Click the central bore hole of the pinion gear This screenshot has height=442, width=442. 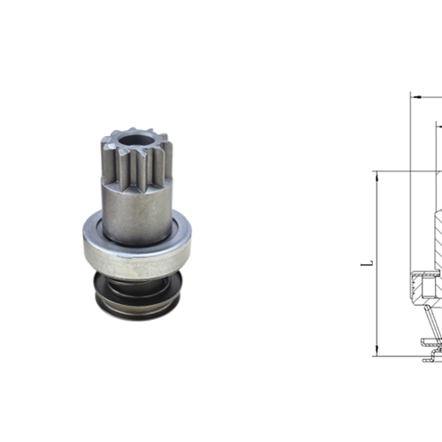point(132,139)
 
